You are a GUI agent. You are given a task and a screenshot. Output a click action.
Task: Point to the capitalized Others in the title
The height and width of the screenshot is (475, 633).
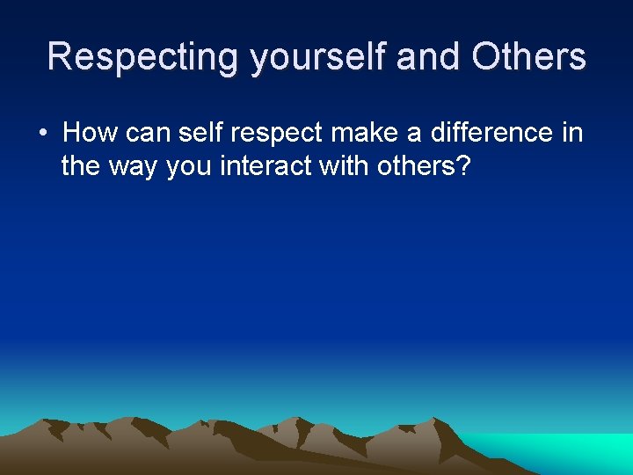[528, 56]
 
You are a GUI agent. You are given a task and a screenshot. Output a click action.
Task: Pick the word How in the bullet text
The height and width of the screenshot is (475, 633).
[91, 133]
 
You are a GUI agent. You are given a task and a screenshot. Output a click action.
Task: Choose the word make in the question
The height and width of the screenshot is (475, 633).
[354, 133]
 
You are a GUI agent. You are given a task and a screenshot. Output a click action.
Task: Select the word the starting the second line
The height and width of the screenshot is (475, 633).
[81, 165]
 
